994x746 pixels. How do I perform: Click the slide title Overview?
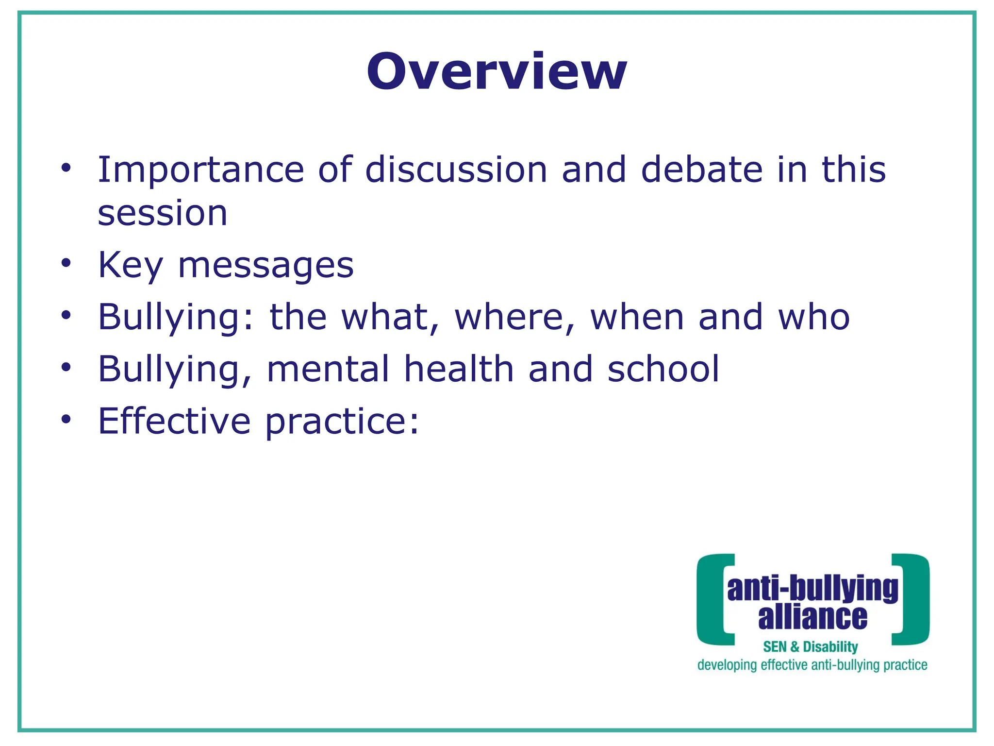coord(497,71)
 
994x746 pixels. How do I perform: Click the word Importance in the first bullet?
coord(200,170)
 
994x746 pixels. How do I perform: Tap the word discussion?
coord(456,170)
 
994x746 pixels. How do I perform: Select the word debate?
coord(702,170)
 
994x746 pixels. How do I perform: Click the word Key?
coord(131,266)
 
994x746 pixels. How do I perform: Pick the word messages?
coord(266,266)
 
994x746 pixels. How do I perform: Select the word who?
coord(813,317)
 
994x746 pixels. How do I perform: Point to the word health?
coord(459,369)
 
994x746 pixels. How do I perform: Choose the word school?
coord(663,369)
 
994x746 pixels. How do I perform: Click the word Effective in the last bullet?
coord(174,421)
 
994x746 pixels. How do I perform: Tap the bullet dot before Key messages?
coord(66,263)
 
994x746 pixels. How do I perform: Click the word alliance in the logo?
coord(812,617)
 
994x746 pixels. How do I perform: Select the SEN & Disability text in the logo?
coord(810,647)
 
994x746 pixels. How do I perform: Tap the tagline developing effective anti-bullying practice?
coord(812,665)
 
